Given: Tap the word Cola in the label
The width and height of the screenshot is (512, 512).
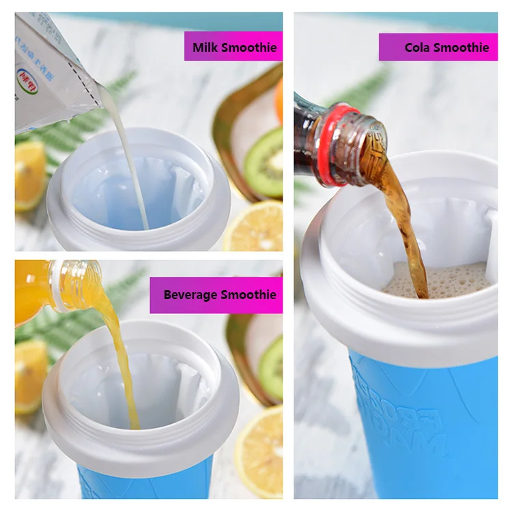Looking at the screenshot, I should pyautogui.click(x=418, y=48).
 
